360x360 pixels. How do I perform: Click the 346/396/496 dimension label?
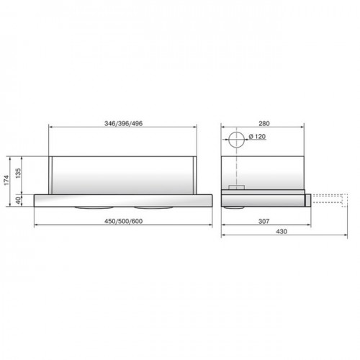click(x=123, y=123)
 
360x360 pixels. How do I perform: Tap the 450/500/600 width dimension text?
click(x=123, y=221)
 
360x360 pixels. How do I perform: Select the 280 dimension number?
click(x=264, y=123)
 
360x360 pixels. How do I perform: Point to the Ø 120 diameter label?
click(x=257, y=137)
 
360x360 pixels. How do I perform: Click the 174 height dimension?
click(x=6, y=180)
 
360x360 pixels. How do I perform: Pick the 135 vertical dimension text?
click(x=18, y=174)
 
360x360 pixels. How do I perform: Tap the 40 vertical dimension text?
click(x=18, y=200)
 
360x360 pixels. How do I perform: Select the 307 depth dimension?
click(x=264, y=221)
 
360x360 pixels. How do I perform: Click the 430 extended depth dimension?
click(x=282, y=231)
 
